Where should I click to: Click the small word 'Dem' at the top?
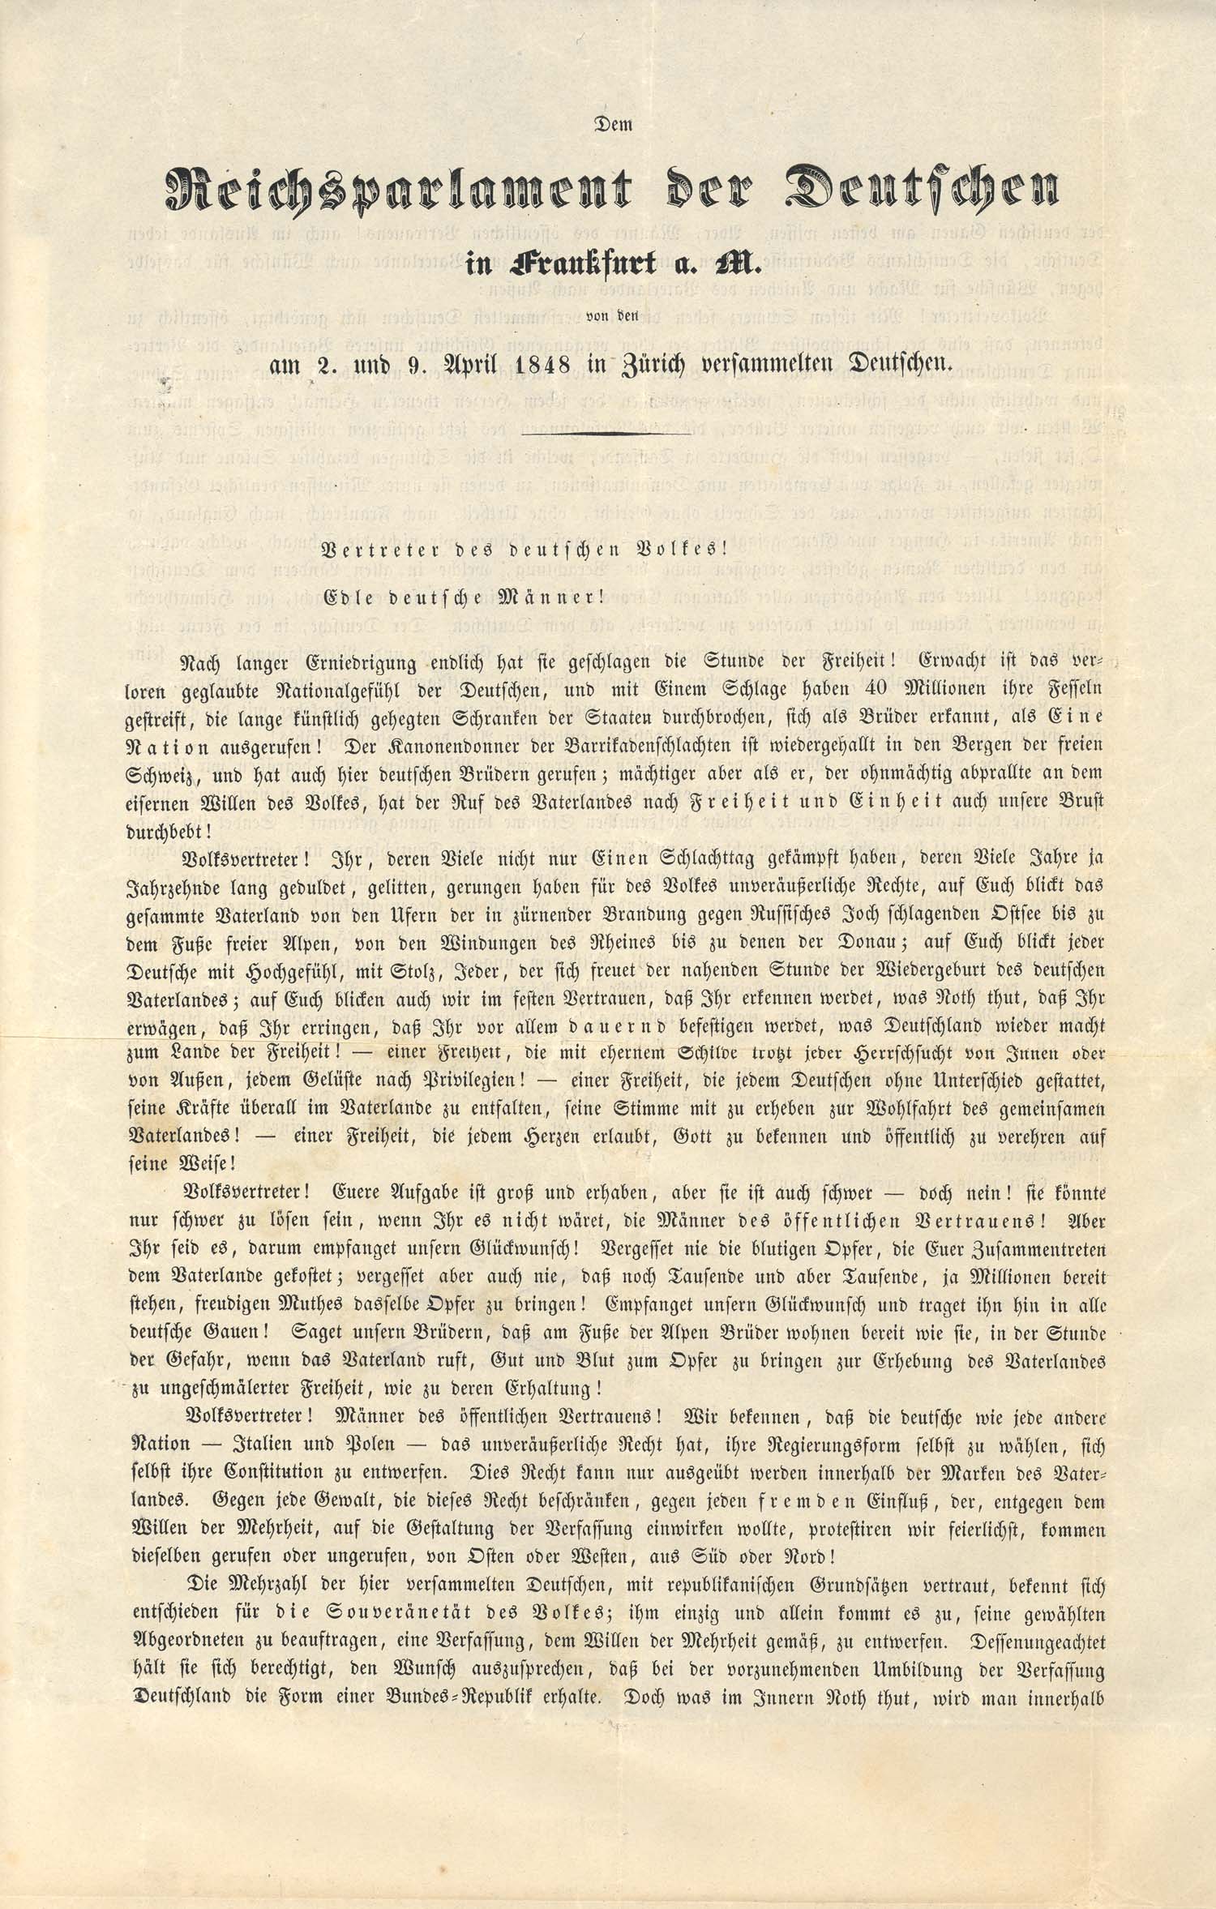pyautogui.click(x=613, y=126)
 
